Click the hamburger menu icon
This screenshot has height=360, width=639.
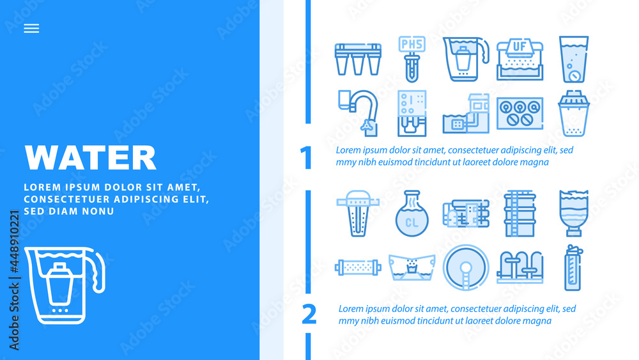tap(31, 28)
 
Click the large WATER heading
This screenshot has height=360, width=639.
tap(90, 157)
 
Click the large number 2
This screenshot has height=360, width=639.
tap(309, 314)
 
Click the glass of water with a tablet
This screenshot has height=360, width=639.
tap(573, 59)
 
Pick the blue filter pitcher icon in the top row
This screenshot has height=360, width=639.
tap(465, 59)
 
